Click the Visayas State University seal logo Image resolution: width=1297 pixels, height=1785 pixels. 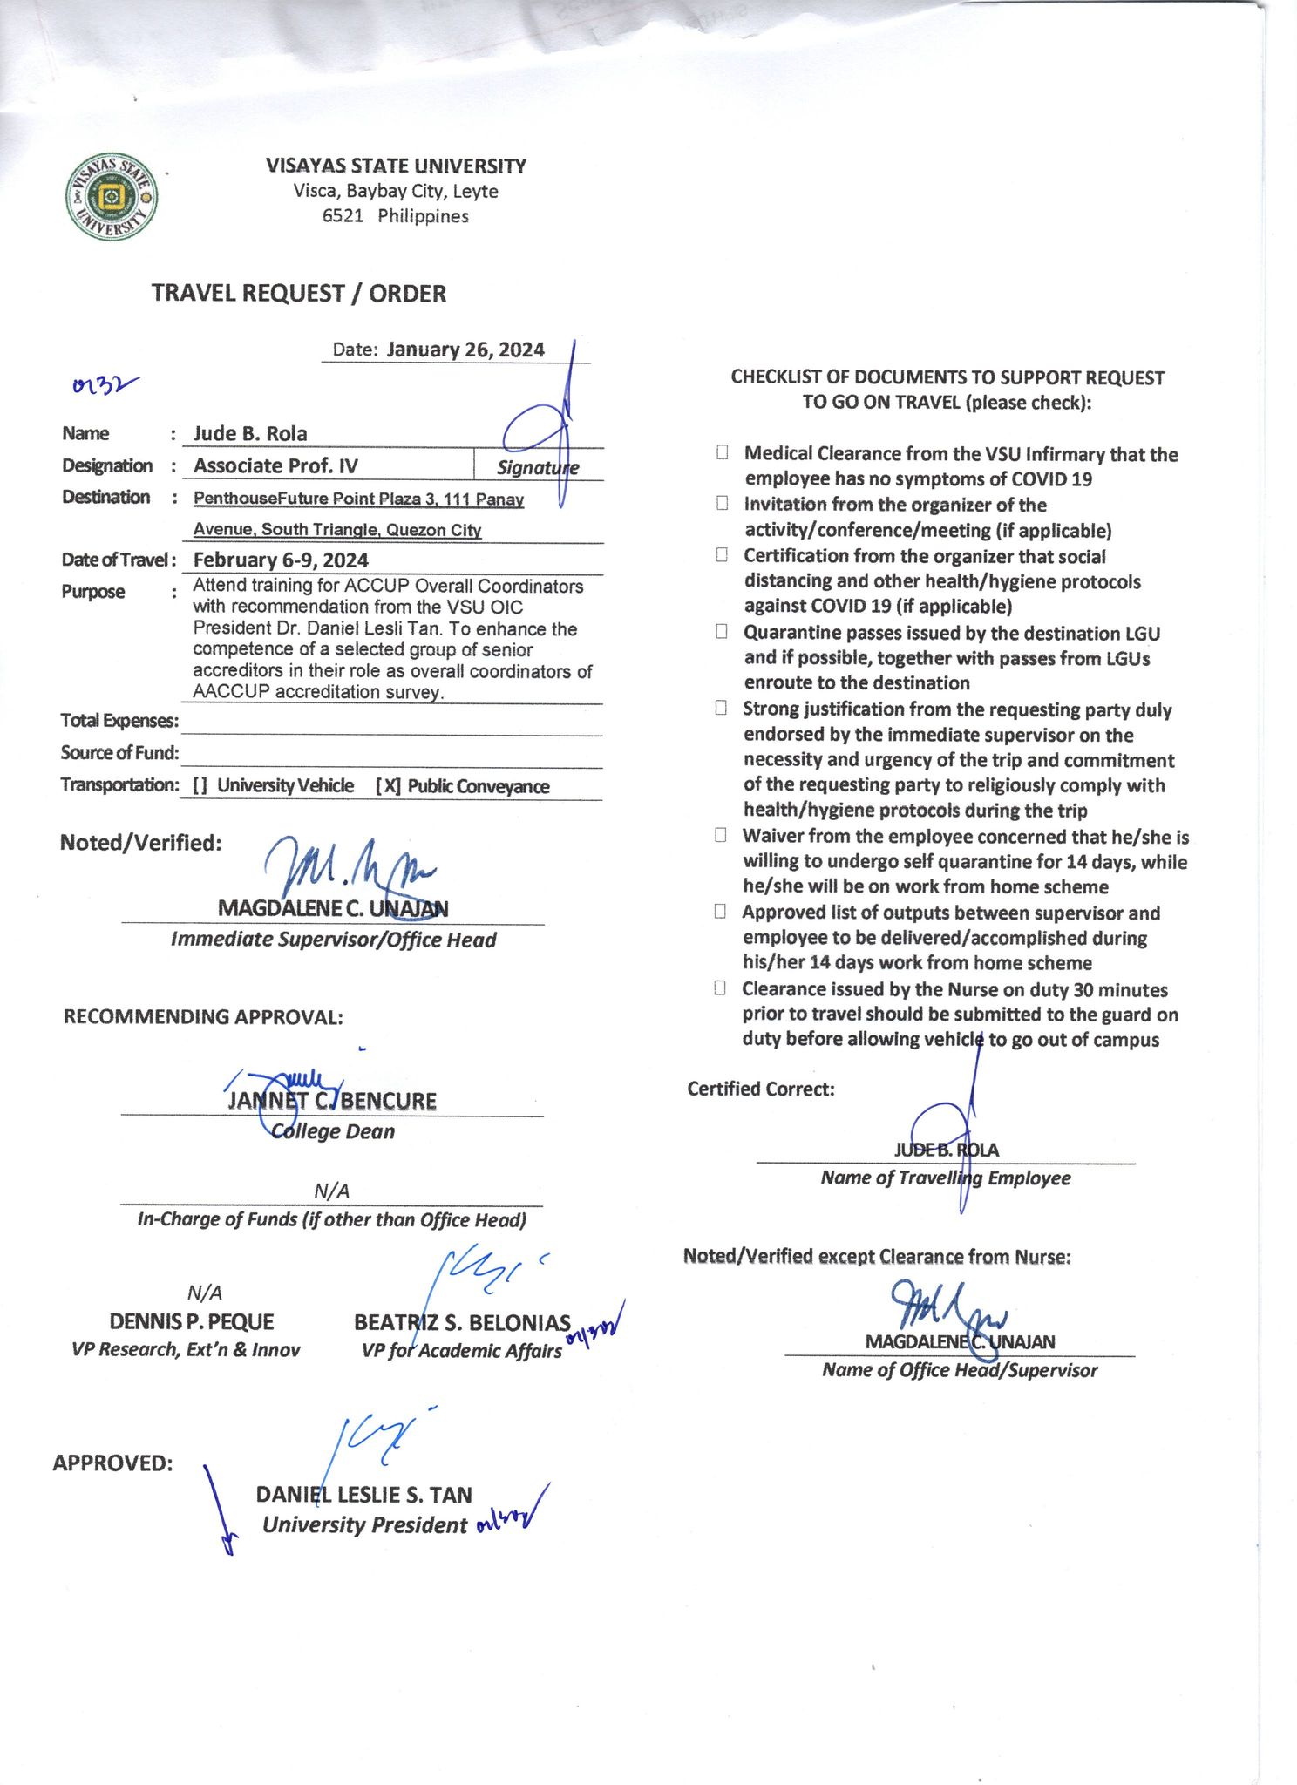112,197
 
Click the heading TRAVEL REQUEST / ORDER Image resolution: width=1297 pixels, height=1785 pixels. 298,294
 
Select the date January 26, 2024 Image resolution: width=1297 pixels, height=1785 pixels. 465,350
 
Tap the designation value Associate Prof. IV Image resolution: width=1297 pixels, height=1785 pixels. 275,465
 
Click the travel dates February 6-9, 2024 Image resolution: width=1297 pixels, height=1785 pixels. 281,560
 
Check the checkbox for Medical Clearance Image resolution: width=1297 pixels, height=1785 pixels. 723,452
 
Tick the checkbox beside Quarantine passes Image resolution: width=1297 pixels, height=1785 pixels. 722,632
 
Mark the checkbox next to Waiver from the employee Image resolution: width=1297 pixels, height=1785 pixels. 721,835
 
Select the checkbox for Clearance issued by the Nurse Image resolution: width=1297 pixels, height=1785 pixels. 720,988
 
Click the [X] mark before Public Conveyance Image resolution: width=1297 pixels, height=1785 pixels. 388,786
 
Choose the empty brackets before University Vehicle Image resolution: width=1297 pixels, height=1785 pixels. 200,786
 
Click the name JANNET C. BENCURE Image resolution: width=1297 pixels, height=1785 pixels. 332,1101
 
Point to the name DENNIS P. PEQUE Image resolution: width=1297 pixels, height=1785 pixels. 192,1322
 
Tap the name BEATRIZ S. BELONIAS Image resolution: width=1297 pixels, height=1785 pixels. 462,1323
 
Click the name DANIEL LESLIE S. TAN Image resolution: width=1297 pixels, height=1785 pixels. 363,1495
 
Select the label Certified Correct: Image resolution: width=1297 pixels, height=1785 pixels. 760,1089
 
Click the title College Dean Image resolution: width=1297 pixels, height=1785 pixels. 333,1131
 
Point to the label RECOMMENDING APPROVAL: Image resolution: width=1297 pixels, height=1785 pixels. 203,1017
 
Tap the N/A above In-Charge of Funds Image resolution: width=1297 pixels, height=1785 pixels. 331,1191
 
